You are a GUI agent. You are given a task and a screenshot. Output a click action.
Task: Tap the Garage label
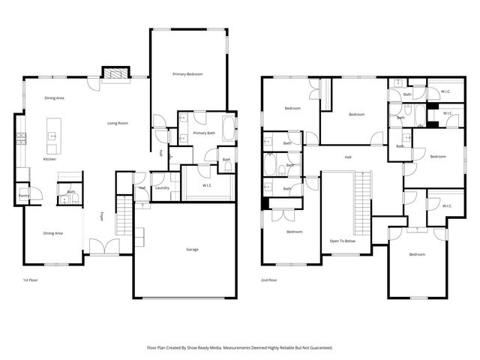(x=192, y=249)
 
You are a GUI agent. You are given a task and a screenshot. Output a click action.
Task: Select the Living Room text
(x=117, y=123)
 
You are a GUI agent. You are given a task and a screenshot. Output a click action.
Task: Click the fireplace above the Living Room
(x=114, y=73)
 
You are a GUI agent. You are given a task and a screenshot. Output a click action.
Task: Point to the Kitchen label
(x=49, y=159)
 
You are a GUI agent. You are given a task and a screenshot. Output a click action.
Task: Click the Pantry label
(x=24, y=196)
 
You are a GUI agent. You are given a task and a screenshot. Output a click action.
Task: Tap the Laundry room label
(x=162, y=187)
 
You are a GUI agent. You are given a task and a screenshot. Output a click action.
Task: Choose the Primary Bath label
(x=204, y=133)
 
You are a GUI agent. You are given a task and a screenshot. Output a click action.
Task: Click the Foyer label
(x=102, y=217)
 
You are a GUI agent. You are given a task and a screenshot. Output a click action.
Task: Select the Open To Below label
(x=341, y=241)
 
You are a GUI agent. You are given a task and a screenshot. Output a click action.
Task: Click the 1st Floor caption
(x=31, y=280)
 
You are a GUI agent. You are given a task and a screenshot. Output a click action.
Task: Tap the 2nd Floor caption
(x=268, y=280)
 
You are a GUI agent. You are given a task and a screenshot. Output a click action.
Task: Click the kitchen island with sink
(x=53, y=135)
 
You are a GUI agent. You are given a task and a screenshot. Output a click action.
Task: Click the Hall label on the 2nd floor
(x=348, y=157)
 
